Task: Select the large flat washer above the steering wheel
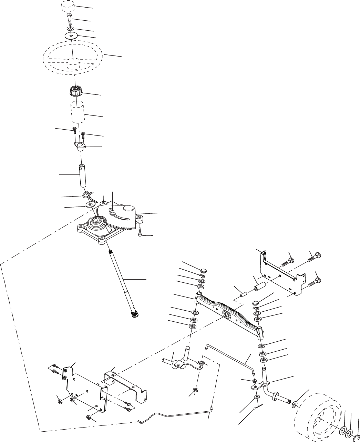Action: [71, 36]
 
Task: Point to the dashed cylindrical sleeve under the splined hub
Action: [78, 112]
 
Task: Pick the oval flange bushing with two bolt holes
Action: [80, 146]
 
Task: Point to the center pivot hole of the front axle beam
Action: [227, 314]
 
